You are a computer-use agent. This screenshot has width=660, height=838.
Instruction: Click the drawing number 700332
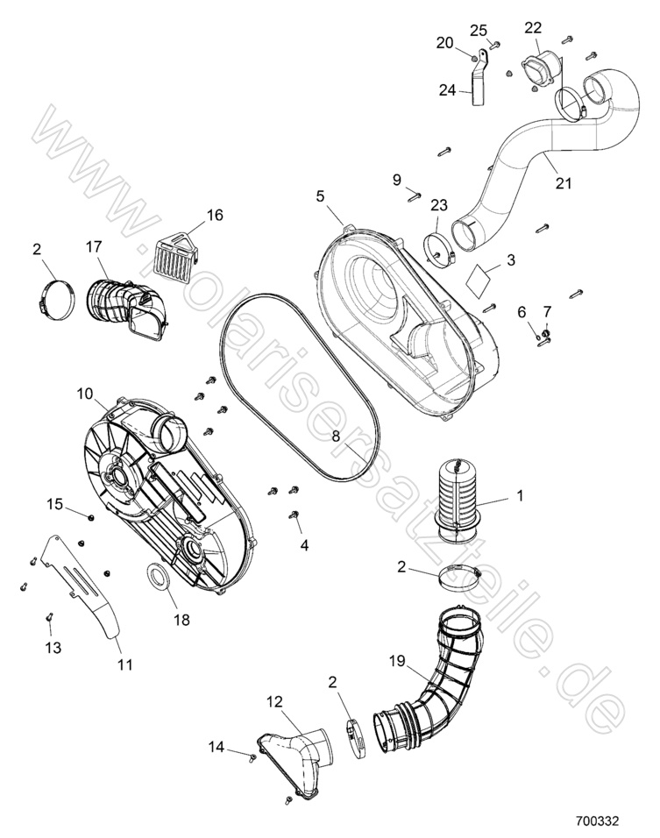tap(598, 822)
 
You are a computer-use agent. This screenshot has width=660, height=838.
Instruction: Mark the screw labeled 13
tap(50, 624)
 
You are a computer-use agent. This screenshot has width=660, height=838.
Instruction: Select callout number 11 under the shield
tap(124, 664)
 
